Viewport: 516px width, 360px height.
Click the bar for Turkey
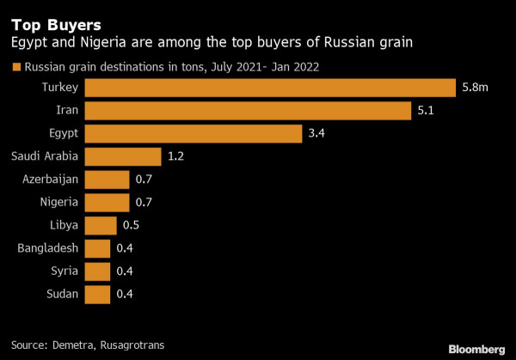pyautogui.click(x=270, y=88)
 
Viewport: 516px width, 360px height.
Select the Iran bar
pyautogui.click(x=248, y=111)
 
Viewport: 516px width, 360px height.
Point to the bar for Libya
pyautogui.click(x=101, y=225)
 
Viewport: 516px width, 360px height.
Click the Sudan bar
pyautogui.click(x=98, y=294)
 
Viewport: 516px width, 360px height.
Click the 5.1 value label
pyautogui.click(x=426, y=111)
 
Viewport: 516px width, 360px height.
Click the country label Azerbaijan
pyautogui.click(x=50, y=180)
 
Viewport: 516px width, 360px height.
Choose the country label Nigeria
pyautogui.click(x=58, y=202)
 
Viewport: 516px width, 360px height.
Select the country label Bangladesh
pyautogui.click(x=48, y=248)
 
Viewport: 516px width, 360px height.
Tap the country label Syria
pyautogui.click(x=64, y=271)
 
